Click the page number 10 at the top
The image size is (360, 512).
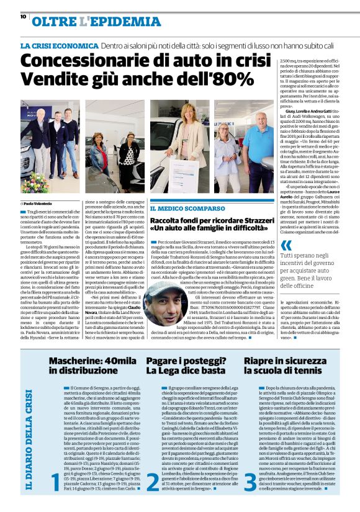(x=23, y=17)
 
